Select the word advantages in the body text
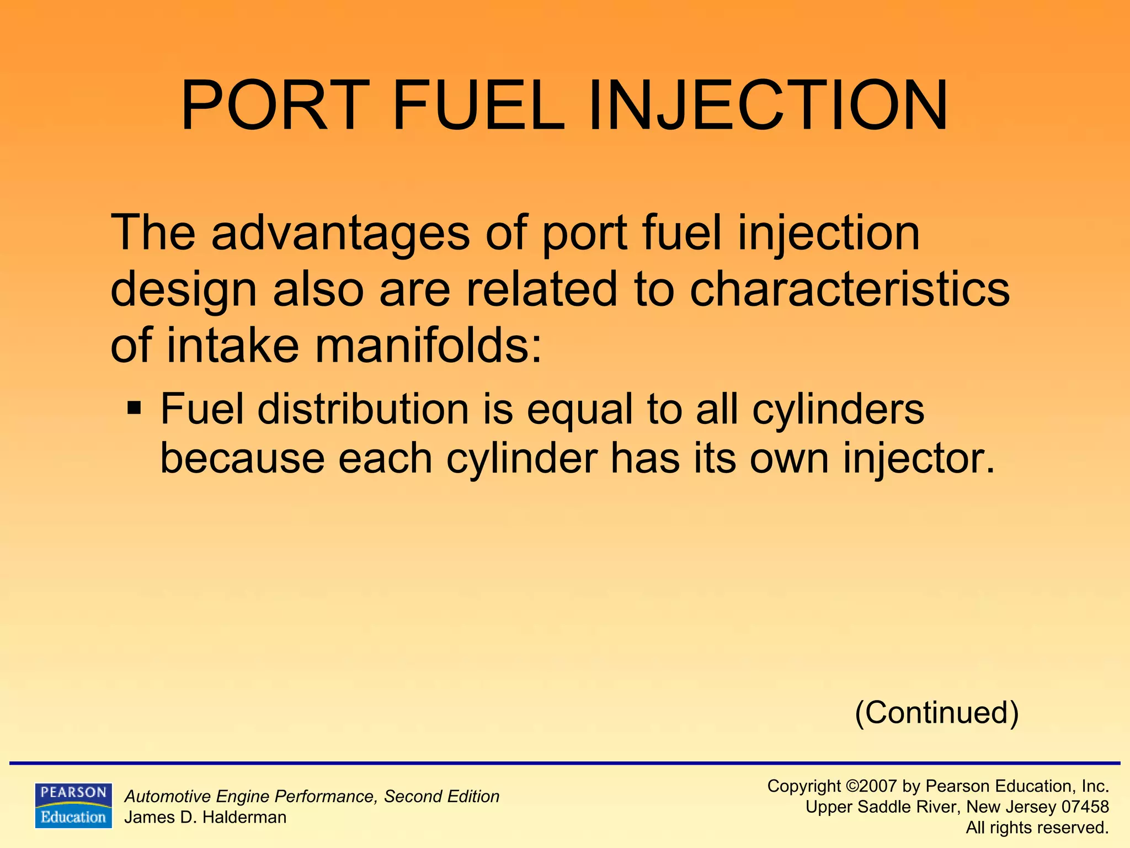pyautogui.click(x=340, y=234)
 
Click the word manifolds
pyautogui.click(x=428, y=346)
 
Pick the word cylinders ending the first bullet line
pyautogui.click(x=838, y=410)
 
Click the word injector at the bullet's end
pyautogui.click(x=919, y=459)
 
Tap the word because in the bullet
pyautogui.click(x=241, y=459)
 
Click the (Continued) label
pyautogui.click(x=936, y=712)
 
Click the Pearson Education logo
pyautogui.click(x=73, y=805)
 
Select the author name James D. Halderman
pyautogui.click(x=205, y=817)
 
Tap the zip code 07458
pyautogui.click(x=1085, y=807)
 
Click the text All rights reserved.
pyautogui.click(x=1037, y=828)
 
